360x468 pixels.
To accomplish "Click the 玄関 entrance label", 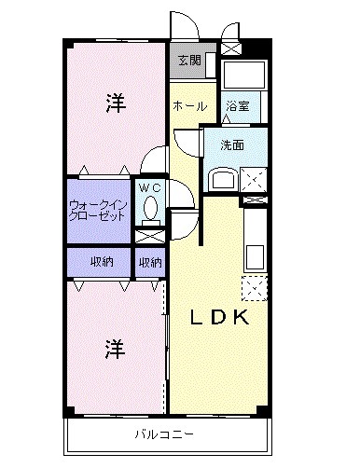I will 189,61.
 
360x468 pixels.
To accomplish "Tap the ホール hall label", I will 189,106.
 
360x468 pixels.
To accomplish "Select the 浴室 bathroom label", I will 237,106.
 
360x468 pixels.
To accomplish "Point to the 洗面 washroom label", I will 232,145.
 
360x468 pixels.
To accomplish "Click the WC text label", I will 150,186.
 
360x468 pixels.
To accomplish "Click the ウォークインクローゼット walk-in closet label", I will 97,209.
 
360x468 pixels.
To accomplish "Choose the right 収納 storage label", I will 150,263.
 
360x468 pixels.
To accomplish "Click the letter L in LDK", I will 199,318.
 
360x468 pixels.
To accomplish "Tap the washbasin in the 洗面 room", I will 221,178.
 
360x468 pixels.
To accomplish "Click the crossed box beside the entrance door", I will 230,44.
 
